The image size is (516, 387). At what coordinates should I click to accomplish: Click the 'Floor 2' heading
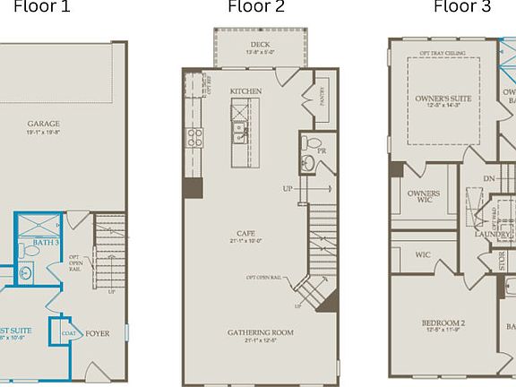point(256,7)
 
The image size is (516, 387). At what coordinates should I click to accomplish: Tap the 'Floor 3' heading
point(462,7)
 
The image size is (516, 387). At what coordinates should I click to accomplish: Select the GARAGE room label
point(42,125)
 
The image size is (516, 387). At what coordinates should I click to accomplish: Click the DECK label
point(260,44)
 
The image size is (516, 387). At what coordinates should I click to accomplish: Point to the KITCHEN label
point(245,91)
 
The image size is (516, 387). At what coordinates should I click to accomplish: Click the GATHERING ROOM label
point(260,332)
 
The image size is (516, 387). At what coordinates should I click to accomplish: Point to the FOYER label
point(97,333)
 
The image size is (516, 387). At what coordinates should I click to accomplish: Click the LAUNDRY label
point(493,236)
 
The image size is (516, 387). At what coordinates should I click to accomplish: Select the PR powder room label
point(322,151)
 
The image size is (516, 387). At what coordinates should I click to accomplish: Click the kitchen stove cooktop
point(193,137)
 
